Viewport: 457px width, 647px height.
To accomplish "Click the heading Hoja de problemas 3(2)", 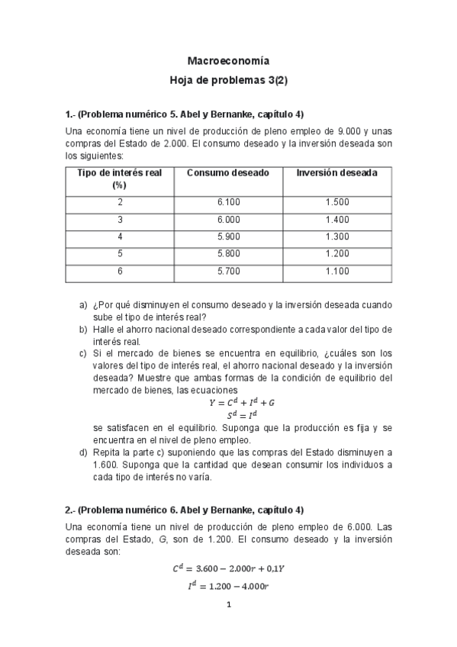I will pos(228,79).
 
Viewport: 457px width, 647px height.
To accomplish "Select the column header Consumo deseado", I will pos(227,173).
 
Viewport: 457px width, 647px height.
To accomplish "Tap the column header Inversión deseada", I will pos(336,173).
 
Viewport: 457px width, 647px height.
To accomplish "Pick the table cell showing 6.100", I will pos(227,202).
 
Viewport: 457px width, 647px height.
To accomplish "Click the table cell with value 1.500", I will pos(336,202).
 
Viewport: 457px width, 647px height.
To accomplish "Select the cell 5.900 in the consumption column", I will pos(227,237).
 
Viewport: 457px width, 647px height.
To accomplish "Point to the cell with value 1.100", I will pos(336,271).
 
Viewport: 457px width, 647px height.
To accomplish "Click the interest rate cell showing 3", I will pos(120,220).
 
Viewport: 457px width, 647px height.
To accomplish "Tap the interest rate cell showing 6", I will pos(120,271).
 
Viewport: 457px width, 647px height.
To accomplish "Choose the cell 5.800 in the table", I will pos(227,254).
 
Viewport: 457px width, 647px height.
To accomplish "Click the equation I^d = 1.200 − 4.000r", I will pos(228,586).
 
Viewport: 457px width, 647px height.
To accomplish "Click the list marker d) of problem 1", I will pos(83,452).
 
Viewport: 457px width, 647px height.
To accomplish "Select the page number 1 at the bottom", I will pos(228,606).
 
